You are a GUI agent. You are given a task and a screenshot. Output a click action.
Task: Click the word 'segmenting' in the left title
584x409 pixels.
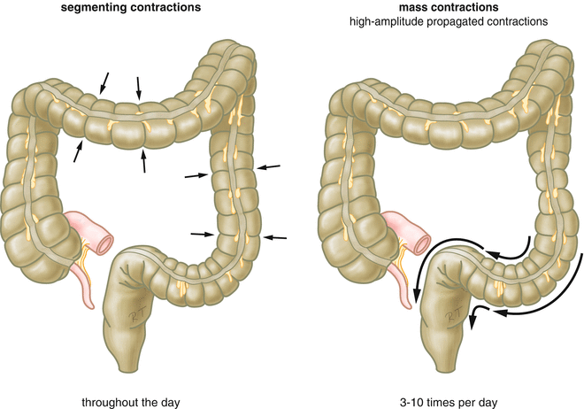(137, 9)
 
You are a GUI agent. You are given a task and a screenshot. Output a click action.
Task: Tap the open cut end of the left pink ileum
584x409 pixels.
(105, 238)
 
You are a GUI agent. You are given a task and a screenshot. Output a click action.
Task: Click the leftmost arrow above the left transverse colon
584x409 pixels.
(105, 82)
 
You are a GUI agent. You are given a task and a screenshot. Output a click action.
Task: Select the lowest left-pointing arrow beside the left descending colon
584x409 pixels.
(277, 237)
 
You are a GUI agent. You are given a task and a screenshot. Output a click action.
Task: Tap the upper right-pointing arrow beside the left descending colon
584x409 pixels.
(194, 175)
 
